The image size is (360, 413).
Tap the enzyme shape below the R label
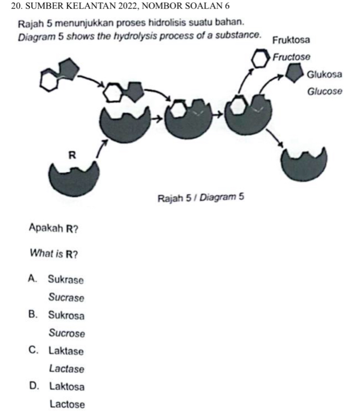pos(75,179)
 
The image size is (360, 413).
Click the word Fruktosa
pos(293,40)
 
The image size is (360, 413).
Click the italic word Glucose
pos(325,92)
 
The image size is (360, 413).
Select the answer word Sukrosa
pos(67,316)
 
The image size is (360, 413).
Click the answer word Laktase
pos(67,351)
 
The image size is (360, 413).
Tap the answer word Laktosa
pos(67,387)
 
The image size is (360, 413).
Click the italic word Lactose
pos(68,404)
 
